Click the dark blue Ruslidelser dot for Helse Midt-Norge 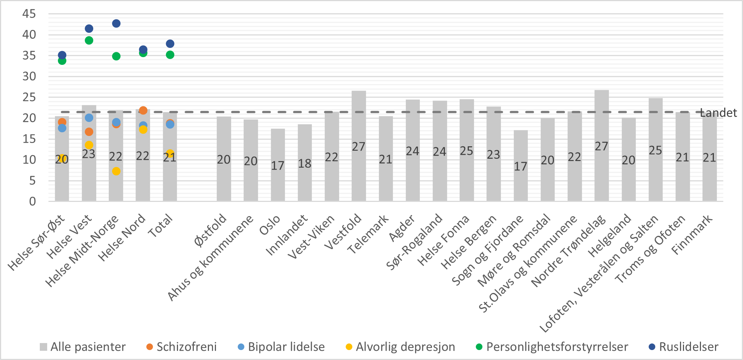click(x=116, y=24)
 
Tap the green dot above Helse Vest click(x=89, y=41)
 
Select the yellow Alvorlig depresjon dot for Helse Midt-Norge click(x=116, y=171)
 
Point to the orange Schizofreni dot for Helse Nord click(x=143, y=111)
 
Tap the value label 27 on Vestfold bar click(x=359, y=147)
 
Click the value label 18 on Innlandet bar click(x=305, y=164)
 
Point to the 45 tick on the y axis click(x=29, y=14)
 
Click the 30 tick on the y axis click(x=29, y=76)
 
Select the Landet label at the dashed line click(x=718, y=113)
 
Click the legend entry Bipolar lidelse click(x=286, y=347)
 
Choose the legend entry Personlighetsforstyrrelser click(x=557, y=347)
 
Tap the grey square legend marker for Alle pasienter click(x=43, y=347)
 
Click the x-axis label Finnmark click(x=693, y=235)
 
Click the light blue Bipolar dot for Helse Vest click(x=89, y=118)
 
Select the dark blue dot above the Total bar click(x=170, y=44)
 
